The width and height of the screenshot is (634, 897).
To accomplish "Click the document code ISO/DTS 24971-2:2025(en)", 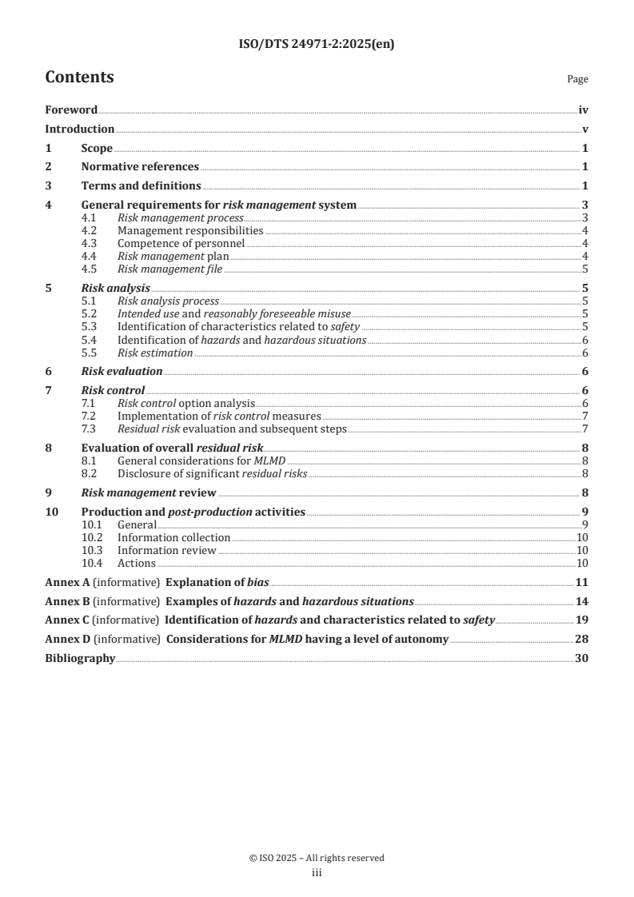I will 317,45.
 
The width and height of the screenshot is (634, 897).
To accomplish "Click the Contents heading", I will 79,78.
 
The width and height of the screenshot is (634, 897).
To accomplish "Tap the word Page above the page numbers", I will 577,80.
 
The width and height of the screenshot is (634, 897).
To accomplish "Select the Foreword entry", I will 71,110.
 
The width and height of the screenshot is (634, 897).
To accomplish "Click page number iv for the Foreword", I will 583,110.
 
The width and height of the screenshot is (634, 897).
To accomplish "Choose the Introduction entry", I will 79,130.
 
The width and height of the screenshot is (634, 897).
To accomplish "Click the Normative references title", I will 140,167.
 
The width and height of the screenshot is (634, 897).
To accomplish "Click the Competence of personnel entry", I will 181,243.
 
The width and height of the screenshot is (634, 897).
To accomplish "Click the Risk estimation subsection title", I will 155,353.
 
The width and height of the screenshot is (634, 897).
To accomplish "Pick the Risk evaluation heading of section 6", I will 122,371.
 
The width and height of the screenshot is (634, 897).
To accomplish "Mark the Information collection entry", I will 173,538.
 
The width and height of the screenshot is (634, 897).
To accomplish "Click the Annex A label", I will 67,582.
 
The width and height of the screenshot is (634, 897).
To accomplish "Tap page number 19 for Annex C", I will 582,620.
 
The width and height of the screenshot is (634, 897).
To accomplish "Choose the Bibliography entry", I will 80,658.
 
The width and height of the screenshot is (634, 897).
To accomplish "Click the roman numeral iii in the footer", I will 317,873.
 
